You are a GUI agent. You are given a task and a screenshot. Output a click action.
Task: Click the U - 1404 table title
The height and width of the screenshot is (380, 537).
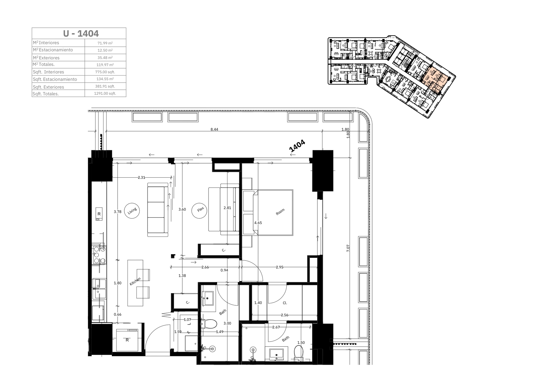(x=81, y=33)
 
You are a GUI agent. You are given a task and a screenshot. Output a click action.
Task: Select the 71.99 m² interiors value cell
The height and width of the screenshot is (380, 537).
(x=105, y=43)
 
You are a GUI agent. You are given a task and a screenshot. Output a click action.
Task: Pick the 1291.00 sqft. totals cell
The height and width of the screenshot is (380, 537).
(x=105, y=93)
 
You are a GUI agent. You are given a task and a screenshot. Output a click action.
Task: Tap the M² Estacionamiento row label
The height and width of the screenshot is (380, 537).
(x=53, y=50)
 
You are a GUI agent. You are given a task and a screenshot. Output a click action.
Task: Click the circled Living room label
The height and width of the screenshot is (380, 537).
(x=132, y=211)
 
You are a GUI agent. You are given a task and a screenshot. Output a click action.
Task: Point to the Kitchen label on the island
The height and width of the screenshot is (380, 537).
(x=135, y=282)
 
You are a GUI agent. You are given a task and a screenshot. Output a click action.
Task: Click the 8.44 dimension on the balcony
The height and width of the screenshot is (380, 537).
(x=214, y=129)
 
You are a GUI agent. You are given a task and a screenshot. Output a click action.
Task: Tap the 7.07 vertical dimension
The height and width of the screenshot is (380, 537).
(x=348, y=248)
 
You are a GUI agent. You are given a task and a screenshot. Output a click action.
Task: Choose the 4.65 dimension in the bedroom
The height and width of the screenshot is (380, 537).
(x=258, y=223)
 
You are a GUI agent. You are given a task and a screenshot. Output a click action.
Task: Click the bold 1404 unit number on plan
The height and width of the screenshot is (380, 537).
(x=297, y=146)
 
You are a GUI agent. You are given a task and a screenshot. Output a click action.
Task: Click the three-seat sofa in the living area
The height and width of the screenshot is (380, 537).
(x=158, y=210)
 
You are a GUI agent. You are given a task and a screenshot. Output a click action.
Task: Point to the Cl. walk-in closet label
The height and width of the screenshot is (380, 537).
(x=285, y=303)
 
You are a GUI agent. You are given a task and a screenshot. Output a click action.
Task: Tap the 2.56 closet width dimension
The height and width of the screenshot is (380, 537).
(x=285, y=315)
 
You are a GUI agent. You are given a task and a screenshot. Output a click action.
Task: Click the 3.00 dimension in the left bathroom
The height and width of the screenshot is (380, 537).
(x=227, y=323)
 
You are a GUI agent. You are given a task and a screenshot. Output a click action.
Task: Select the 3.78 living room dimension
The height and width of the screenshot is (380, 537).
(x=118, y=212)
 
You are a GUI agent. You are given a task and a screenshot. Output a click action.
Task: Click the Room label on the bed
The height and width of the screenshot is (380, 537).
(x=280, y=212)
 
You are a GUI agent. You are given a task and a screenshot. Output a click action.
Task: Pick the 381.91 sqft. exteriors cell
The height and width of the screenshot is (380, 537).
(x=105, y=86)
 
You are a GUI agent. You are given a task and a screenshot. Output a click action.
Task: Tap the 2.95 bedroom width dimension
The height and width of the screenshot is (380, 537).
(x=280, y=267)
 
